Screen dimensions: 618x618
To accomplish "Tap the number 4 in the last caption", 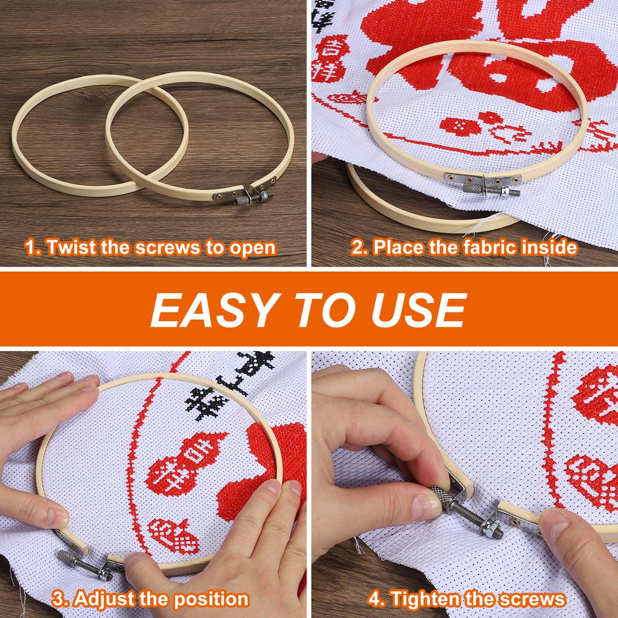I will click(x=375, y=599).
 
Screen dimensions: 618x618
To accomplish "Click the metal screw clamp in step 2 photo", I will click(x=483, y=185).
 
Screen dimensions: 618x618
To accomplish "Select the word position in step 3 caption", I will click(x=211, y=599).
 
